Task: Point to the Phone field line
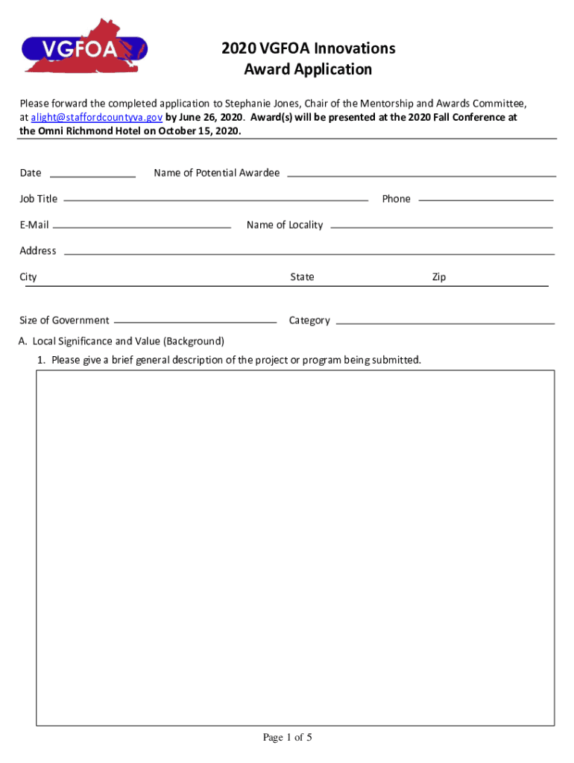tap(486, 200)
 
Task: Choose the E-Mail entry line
tap(142, 226)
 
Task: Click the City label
tap(28, 277)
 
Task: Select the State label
tap(302, 277)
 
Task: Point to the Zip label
tap(439, 277)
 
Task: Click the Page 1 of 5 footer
tap(287, 738)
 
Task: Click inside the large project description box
tap(295, 548)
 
